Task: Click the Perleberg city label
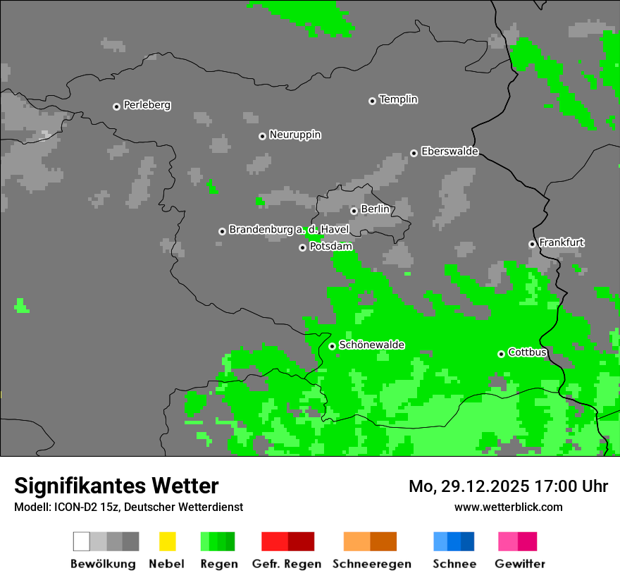click(x=147, y=105)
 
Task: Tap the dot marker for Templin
click(x=372, y=101)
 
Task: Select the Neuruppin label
click(x=294, y=135)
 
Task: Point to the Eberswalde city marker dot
click(x=414, y=153)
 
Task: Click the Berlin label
click(x=375, y=209)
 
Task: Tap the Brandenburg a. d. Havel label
click(x=289, y=230)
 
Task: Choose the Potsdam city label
click(x=330, y=247)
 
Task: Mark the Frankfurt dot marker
click(x=532, y=244)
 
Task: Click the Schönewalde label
click(x=371, y=345)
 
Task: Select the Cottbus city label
click(x=527, y=352)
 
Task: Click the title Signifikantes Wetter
click(x=116, y=486)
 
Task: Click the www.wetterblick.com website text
click(x=508, y=507)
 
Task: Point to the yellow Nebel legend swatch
click(x=167, y=541)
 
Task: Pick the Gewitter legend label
click(x=520, y=564)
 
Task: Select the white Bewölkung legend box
click(x=82, y=541)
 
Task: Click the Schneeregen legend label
click(x=372, y=564)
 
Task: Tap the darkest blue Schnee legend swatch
click(x=468, y=541)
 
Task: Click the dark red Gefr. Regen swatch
click(x=301, y=541)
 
